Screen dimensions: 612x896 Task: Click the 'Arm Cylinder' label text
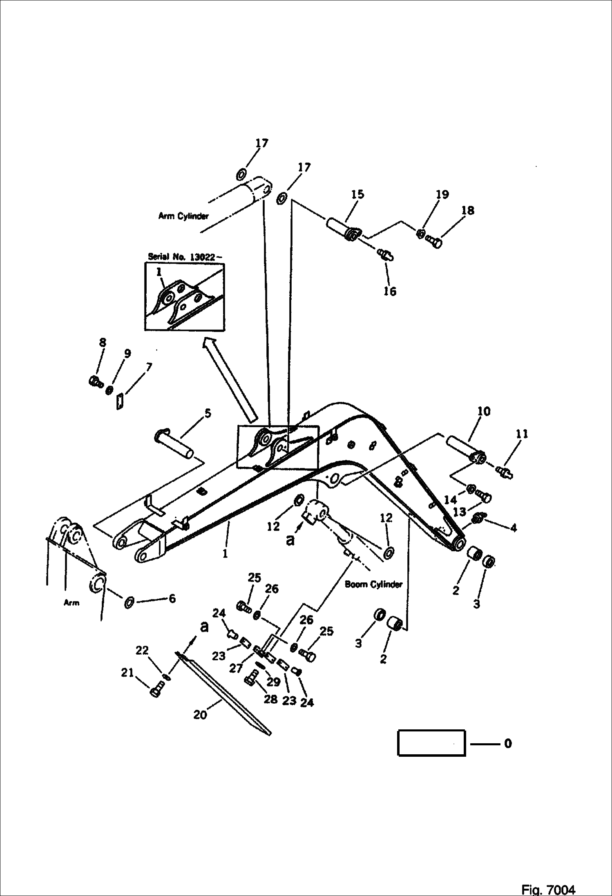[183, 216]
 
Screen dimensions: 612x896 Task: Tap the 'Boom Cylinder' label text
[373, 584]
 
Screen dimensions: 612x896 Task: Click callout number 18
[468, 210]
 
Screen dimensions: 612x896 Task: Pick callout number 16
[390, 291]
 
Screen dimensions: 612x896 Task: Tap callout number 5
[208, 413]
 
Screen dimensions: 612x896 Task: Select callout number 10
[484, 411]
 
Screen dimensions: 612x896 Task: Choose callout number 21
[127, 672]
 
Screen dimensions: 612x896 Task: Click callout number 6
[172, 599]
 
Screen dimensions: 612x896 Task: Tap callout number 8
[103, 342]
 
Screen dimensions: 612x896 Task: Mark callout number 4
[514, 528]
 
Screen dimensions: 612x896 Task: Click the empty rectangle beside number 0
[431, 743]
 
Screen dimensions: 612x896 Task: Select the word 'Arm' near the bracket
[71, 602]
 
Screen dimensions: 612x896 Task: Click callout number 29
[273, 682]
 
